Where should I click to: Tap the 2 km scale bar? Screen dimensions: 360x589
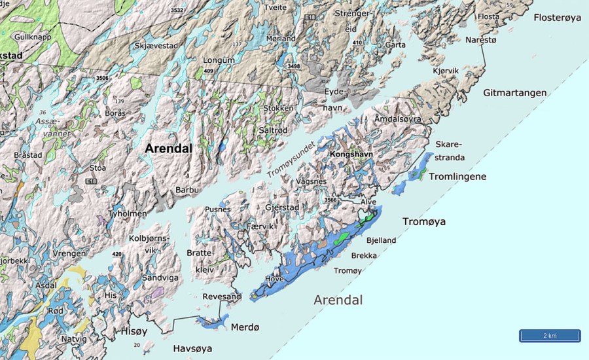550,336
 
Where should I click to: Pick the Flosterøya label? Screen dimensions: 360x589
557,18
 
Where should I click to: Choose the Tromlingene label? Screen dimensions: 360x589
457,177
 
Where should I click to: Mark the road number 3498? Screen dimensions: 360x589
293,66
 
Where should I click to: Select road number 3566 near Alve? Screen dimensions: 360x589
331,200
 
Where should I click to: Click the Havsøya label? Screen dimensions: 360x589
194,349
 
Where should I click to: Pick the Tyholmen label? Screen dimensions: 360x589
128,213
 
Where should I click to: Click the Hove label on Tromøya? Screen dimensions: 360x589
274,279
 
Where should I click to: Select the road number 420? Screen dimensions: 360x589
117,254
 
